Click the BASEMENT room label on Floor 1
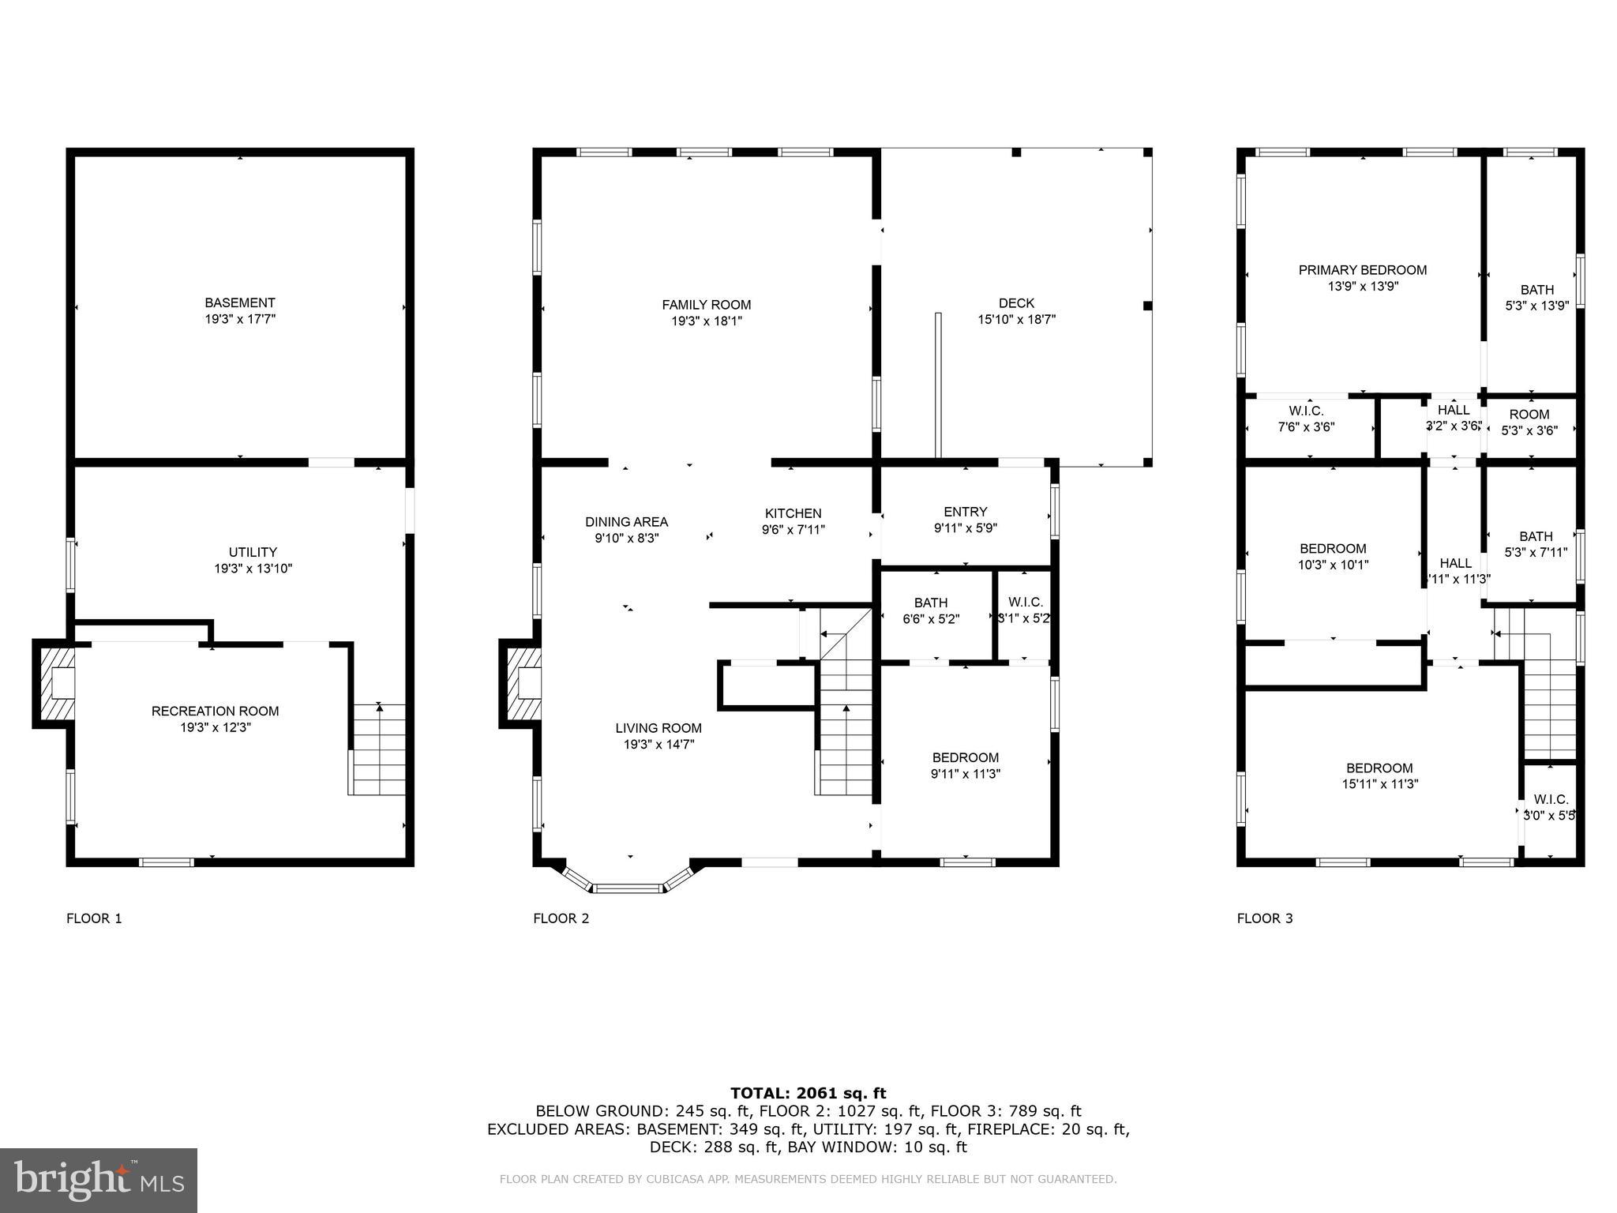(x=240, y=303)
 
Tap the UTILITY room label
(x=253, y=552)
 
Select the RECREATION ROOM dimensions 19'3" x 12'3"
(x=216, y=727)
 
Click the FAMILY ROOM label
(x=706, y=305)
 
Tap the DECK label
(x=1016, y=303)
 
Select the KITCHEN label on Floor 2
(x=793, y=513)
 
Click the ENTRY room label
(x=965, y=512)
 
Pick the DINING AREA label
(x=626, y=522)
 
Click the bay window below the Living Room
(x=629, y=888)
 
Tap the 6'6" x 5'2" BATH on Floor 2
(x=931, y=611)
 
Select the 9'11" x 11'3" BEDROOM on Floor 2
(x=965, y=765)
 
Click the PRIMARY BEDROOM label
(x=1362, y=270)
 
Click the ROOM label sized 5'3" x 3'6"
(x=1529, y=415)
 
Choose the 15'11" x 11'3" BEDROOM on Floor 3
(x=1379, y=775)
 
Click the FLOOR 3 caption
(x=1264, y=918)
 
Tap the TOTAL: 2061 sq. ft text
(x=808, y=1093)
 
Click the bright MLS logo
(x=99, y=1180)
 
